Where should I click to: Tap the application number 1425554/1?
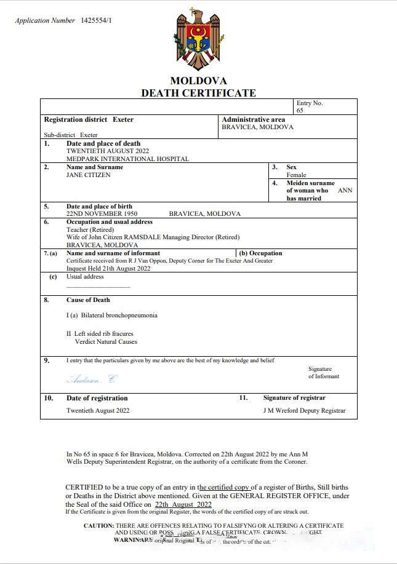pos(96,21)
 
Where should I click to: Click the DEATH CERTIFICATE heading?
pos(198,93)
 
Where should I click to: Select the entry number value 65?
pos(300,111)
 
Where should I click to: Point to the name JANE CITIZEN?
pos(89,175)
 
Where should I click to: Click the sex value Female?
pos(296,175)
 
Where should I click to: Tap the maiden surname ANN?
pos(345,191)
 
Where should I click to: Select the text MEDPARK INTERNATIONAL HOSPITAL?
pos(127,159)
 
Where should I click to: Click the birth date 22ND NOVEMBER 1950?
pos(102,214)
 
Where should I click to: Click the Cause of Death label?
pos(88,300)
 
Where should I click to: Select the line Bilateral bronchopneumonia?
pos(111,316)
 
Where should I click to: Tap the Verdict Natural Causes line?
pos(106,341)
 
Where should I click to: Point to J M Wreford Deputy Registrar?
pos(304,411)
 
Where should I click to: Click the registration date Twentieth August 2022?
pos(98,410)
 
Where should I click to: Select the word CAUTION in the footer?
pos(98,526)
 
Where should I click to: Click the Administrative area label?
pos(253,119)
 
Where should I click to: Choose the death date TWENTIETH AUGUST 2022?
pos(107,151)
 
